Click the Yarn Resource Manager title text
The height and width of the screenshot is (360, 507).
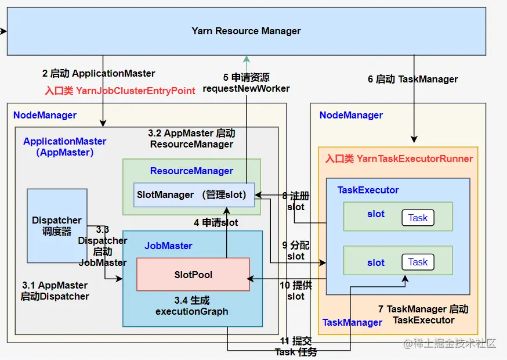[246, 31]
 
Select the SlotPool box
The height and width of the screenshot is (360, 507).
[193, 275]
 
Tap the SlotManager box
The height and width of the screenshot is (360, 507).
[194, 195]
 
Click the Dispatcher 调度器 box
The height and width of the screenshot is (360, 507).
[57, 226]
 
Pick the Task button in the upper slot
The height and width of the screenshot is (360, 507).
[418, 218]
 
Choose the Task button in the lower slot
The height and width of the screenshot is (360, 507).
[418, 262]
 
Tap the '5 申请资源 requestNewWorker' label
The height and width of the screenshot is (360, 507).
[246, 83]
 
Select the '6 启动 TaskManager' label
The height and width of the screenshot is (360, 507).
[413, 80]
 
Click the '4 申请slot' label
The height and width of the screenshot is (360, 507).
[216, 223]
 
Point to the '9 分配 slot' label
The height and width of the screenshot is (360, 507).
[295, 251]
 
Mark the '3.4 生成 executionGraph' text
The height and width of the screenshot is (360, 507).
[192, 306]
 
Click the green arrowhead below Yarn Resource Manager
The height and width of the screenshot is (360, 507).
[247, 59]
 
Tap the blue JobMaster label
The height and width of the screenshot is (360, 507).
[168, 246]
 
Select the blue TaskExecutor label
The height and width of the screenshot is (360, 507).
[368, 190]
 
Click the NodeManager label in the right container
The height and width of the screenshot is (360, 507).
[351, 115]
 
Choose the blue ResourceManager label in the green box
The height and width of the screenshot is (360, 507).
[191, 171]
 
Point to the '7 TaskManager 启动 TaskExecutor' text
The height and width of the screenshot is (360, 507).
[423, 315]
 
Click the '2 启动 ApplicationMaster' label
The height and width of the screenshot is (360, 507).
[99, 74]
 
